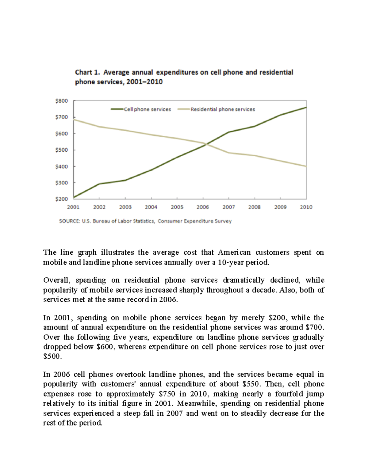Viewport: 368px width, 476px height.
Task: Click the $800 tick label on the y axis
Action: pyautogui.click(x=62, y=101)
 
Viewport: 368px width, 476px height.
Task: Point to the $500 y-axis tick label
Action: pyautogui.click(x=62, y=150)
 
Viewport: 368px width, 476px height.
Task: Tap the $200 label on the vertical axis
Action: pyautogui.click(x=62, y=199)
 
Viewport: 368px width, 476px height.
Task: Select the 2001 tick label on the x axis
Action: pyautogui.click(x=73, y=207)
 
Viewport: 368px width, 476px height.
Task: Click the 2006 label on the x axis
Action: pyautogui.click(x=203, y=207)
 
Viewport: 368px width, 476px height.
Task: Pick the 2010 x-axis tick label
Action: pyautogui.click(x=306, y=207)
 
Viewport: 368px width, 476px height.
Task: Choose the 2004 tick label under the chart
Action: pyautogui.click(x=151, y=207)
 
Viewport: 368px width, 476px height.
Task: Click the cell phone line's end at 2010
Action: pyautogui.click(x=306, y=108)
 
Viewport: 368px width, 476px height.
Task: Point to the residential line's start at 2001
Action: pyautogui.click(x=74, y=119)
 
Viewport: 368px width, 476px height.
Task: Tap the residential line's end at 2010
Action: pyautogui.click(x=306, y=166)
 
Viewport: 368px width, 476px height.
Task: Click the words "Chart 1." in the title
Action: pyautogui.click(x=88, y=73)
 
